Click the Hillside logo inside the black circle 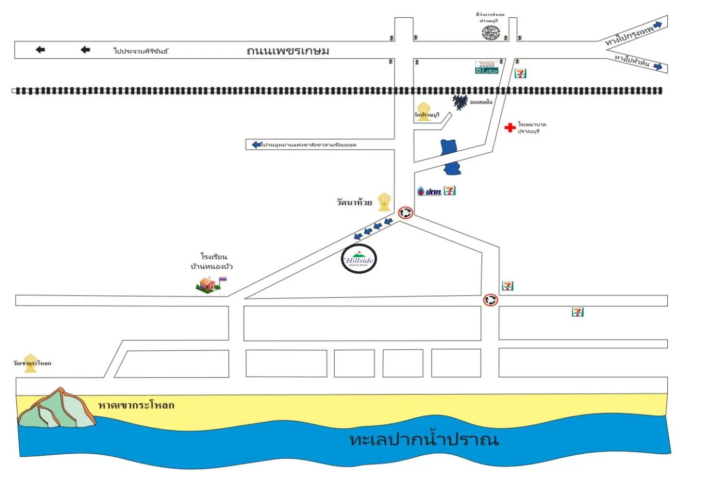[x=359, y=259]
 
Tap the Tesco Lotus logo [x=486, y=67]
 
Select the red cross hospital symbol [x=509, y=127]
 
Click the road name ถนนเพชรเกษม [x=287, y=51]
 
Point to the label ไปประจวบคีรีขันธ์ [x=141, y=51]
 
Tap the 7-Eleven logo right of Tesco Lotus [x=520, y=73]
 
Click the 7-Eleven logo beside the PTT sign [x=449, y=191]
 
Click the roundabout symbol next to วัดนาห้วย [x=405, y=212]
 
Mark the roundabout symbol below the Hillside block [x=490, y=300]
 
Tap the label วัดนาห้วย [x=354, y=202]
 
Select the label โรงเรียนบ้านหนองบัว [x=212, y=261]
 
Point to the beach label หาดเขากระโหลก [x=136, y=405]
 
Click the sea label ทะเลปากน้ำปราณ [x=423, y=439]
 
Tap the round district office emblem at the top [x=490, y=33]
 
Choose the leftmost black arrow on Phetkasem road [x=40, y=50]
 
